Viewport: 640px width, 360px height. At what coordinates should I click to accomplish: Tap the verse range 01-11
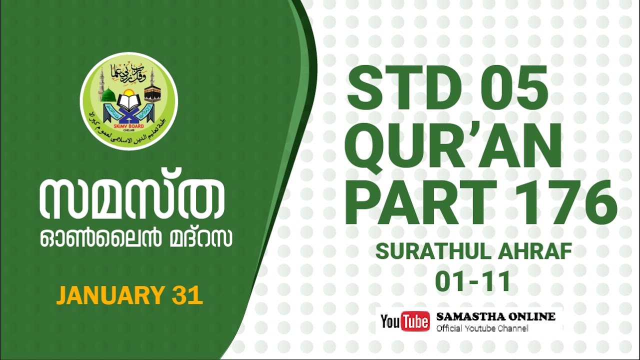[x=472, y=281]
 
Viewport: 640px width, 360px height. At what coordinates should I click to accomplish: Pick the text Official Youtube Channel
[x=482, y=328]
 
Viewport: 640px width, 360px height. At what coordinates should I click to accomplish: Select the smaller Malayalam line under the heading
[x=136, y=239]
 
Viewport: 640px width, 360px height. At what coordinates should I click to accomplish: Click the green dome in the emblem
[x=108, y=94]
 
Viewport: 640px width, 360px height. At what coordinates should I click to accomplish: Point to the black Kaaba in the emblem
[x=152, y=93]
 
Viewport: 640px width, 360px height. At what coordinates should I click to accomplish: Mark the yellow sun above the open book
[x=129, y=93]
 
